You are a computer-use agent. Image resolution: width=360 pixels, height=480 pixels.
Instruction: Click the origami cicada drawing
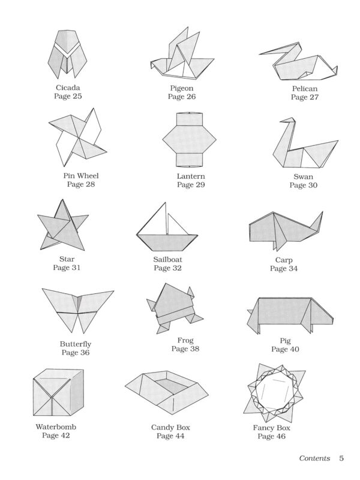click(x=67, y=54)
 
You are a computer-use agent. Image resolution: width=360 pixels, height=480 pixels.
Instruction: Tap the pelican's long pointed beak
click(x=274, y=51)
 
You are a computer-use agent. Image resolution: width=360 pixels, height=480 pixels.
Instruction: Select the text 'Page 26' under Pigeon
click(x=182, y=97)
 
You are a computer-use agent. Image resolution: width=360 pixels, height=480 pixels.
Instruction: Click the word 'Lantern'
click(x=191, y=176)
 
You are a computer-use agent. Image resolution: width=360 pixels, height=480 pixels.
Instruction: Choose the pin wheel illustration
click(x=77, y=137)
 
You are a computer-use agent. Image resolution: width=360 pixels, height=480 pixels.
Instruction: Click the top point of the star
click(x=62, y=200)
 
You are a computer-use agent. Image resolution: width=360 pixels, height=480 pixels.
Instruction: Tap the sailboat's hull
click(x=167, y=243)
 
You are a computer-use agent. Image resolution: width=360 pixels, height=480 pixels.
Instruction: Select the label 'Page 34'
click(x=284, y=268)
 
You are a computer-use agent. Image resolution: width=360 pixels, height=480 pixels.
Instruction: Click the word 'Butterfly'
click(x=76, y=344)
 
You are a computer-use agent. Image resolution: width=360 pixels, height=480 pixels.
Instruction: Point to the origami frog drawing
click(x=174, y=308)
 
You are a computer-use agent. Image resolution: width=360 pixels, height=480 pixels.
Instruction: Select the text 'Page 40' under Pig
click(x=285, y=349)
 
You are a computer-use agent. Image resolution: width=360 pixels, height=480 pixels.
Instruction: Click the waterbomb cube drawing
click(x=58, y=392)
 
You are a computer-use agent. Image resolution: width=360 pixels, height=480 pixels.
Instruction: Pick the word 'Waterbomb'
click(x=56, y=427)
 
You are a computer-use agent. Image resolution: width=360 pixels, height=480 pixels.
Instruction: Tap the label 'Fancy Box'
click(x=271, y=428)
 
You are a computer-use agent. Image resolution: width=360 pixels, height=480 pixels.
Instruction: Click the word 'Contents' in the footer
click(x=314, y=458)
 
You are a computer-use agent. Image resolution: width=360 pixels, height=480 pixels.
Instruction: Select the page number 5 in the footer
click(x=341, y=458)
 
